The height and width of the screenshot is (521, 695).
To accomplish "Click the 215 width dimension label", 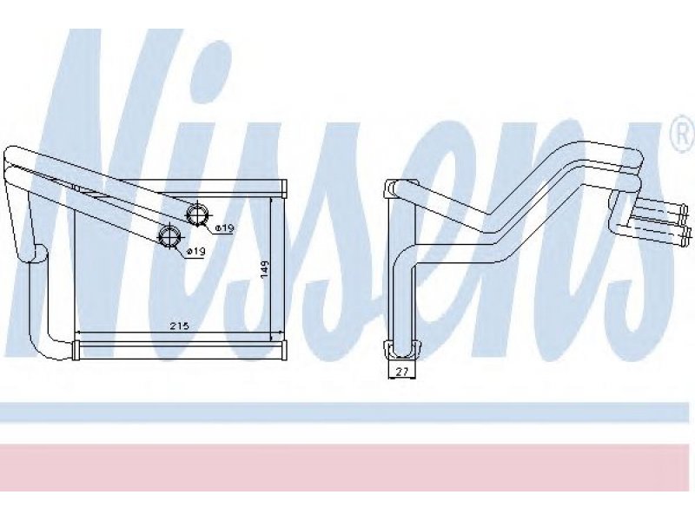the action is coord(179,326).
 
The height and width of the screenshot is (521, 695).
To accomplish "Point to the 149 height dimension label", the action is coord(265,269).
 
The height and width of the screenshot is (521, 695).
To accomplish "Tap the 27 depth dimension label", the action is coord(401,372).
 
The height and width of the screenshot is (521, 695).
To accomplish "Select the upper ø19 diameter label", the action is coord(224,228).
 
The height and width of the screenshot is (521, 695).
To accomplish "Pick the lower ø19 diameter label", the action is coord(195,251).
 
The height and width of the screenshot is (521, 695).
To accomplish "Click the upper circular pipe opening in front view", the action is coord(196,214).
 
